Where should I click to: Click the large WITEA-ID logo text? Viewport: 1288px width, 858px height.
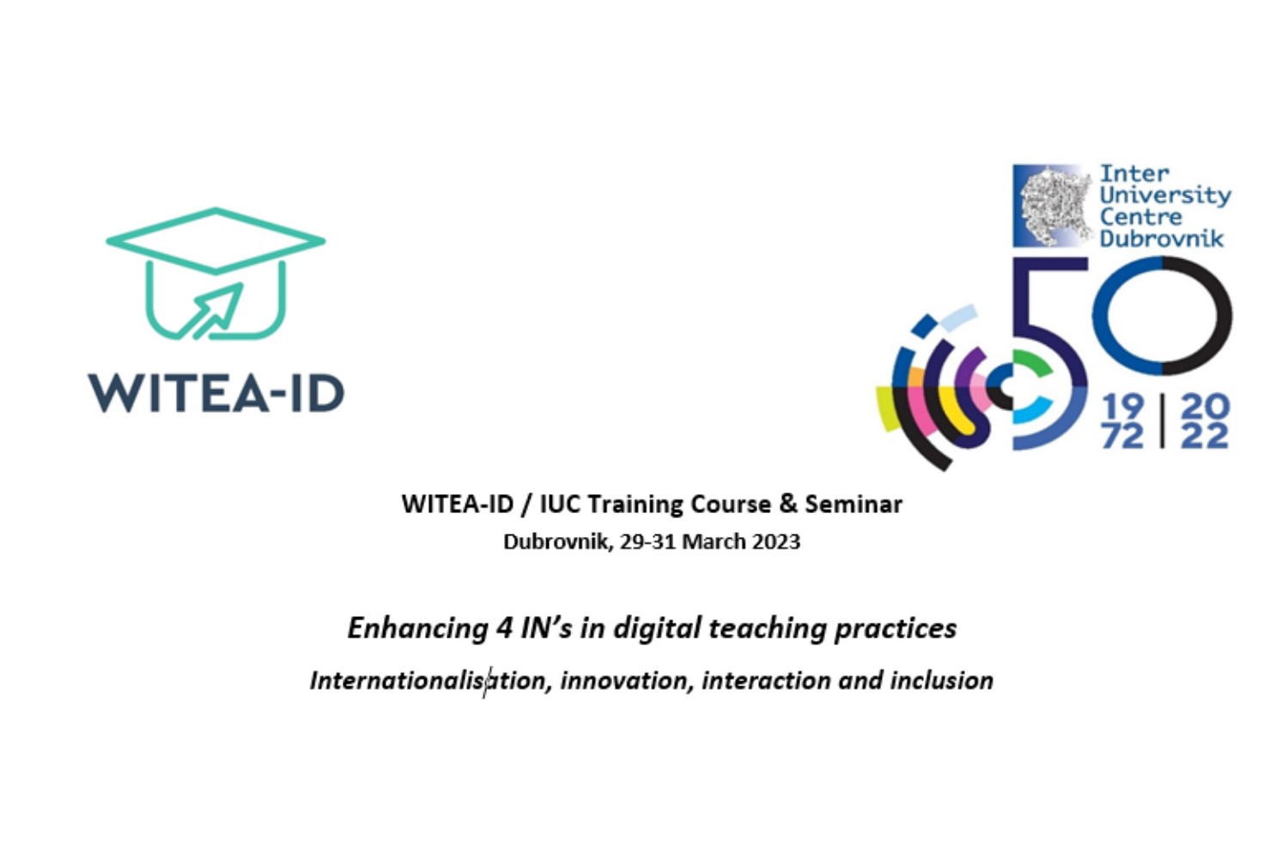coord(216,394)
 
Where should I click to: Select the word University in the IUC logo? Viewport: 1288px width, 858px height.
coord(1165,196)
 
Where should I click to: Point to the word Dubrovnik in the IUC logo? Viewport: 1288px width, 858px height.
coord(1162,239)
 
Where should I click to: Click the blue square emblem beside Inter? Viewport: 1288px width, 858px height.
coord(1052,206)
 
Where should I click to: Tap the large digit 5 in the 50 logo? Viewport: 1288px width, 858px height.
coord(1050,353)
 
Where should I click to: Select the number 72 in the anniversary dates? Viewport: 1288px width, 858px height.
coord(1123,436)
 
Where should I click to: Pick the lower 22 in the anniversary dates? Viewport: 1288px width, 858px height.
coord(1205,436)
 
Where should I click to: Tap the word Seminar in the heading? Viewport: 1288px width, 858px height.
coord(854,504)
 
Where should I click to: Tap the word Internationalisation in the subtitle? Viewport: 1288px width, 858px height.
coord(428,680)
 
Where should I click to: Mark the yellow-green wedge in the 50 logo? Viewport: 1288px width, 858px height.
coord(888,408)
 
